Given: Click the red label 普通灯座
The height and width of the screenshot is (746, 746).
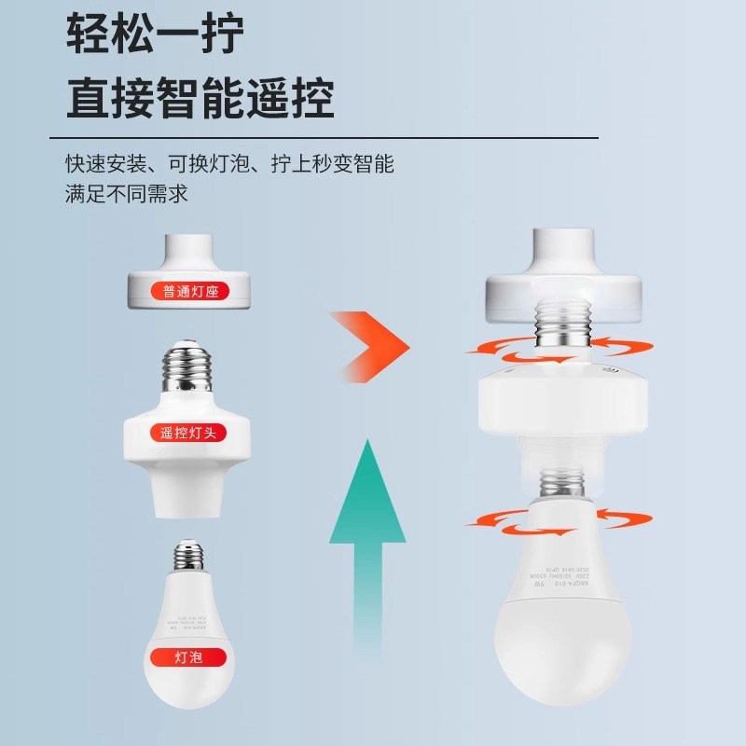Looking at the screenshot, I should [x=189, y=292].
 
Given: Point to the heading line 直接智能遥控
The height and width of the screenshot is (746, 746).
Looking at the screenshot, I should [x=200, y=97].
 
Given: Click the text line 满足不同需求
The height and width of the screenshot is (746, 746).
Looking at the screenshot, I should [x=127, y=195].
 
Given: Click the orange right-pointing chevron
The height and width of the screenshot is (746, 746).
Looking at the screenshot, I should [x=372, y=345].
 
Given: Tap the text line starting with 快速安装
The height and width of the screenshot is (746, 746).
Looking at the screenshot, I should [x=229, y=165].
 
